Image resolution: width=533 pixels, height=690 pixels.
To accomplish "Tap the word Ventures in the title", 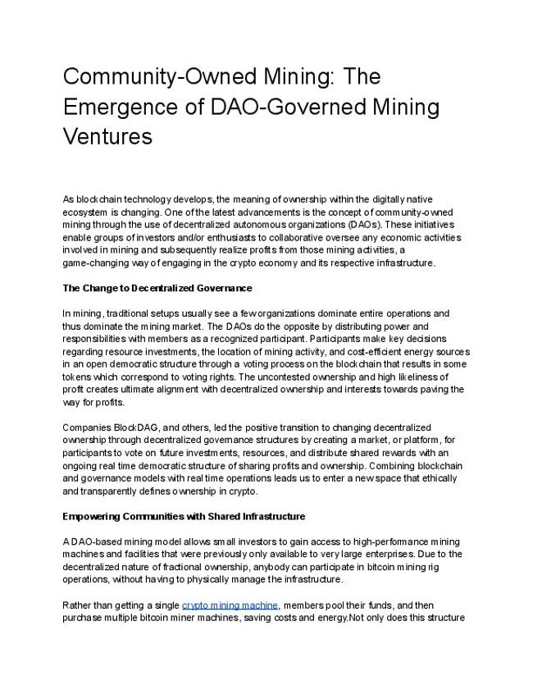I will pos(107,136).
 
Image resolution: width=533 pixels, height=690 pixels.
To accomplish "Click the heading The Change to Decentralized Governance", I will pos(157,288).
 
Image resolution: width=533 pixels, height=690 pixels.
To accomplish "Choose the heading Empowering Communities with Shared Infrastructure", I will pos(184,516).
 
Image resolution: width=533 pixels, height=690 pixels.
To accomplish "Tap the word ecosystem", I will pos(87,212).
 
